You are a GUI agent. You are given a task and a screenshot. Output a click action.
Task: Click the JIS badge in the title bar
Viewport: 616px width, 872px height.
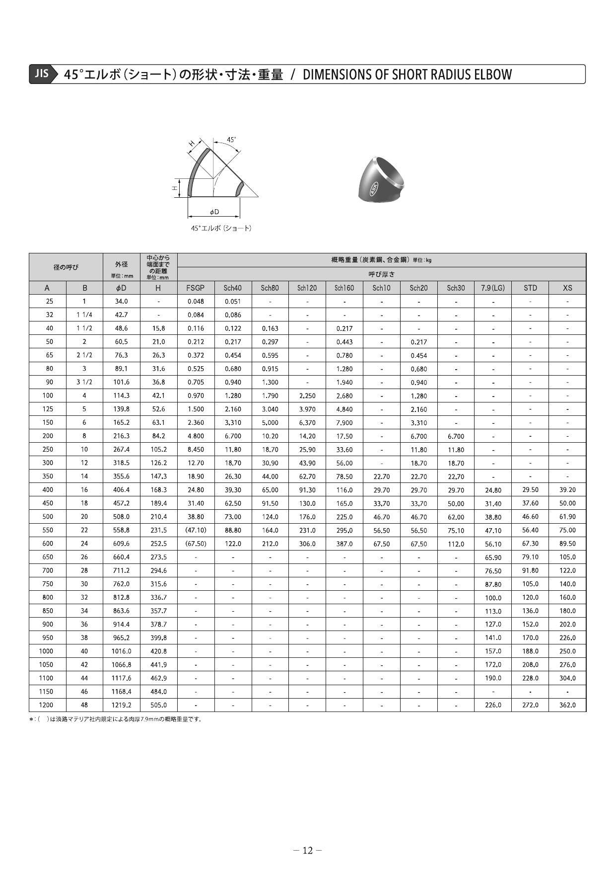42,74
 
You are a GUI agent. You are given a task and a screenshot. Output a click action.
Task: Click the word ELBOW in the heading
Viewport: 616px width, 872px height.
492,75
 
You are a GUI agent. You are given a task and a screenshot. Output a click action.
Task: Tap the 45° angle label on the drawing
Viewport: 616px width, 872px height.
231,140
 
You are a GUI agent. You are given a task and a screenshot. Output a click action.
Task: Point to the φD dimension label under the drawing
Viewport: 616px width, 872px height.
214,212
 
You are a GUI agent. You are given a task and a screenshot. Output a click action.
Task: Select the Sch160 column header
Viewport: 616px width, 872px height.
344,288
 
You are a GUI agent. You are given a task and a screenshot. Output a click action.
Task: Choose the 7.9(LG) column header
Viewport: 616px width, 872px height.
493,288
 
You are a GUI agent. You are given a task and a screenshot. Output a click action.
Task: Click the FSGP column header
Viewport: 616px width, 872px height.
196,288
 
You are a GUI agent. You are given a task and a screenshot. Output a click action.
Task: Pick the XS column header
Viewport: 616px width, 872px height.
567,288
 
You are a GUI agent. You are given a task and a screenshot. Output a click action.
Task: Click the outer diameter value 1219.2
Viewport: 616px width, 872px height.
122,705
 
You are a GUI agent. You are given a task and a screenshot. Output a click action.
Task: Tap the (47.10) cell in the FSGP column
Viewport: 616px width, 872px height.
196,530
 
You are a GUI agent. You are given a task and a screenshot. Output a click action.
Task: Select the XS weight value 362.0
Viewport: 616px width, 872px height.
567,705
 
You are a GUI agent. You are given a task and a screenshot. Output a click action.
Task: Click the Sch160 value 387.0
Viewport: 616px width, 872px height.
344,544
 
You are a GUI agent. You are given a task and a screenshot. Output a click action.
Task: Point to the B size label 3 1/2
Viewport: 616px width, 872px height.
84,382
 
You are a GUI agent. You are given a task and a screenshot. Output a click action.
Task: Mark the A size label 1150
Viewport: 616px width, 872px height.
46,692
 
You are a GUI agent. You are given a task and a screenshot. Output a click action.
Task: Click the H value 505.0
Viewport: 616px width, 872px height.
158,705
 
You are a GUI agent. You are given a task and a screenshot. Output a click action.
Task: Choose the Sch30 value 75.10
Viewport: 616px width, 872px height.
456,531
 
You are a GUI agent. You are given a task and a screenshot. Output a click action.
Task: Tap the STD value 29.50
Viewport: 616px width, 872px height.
530,489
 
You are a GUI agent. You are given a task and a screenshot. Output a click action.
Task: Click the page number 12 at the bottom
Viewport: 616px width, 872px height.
308,851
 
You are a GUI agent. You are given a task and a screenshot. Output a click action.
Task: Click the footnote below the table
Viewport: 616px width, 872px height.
116,719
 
